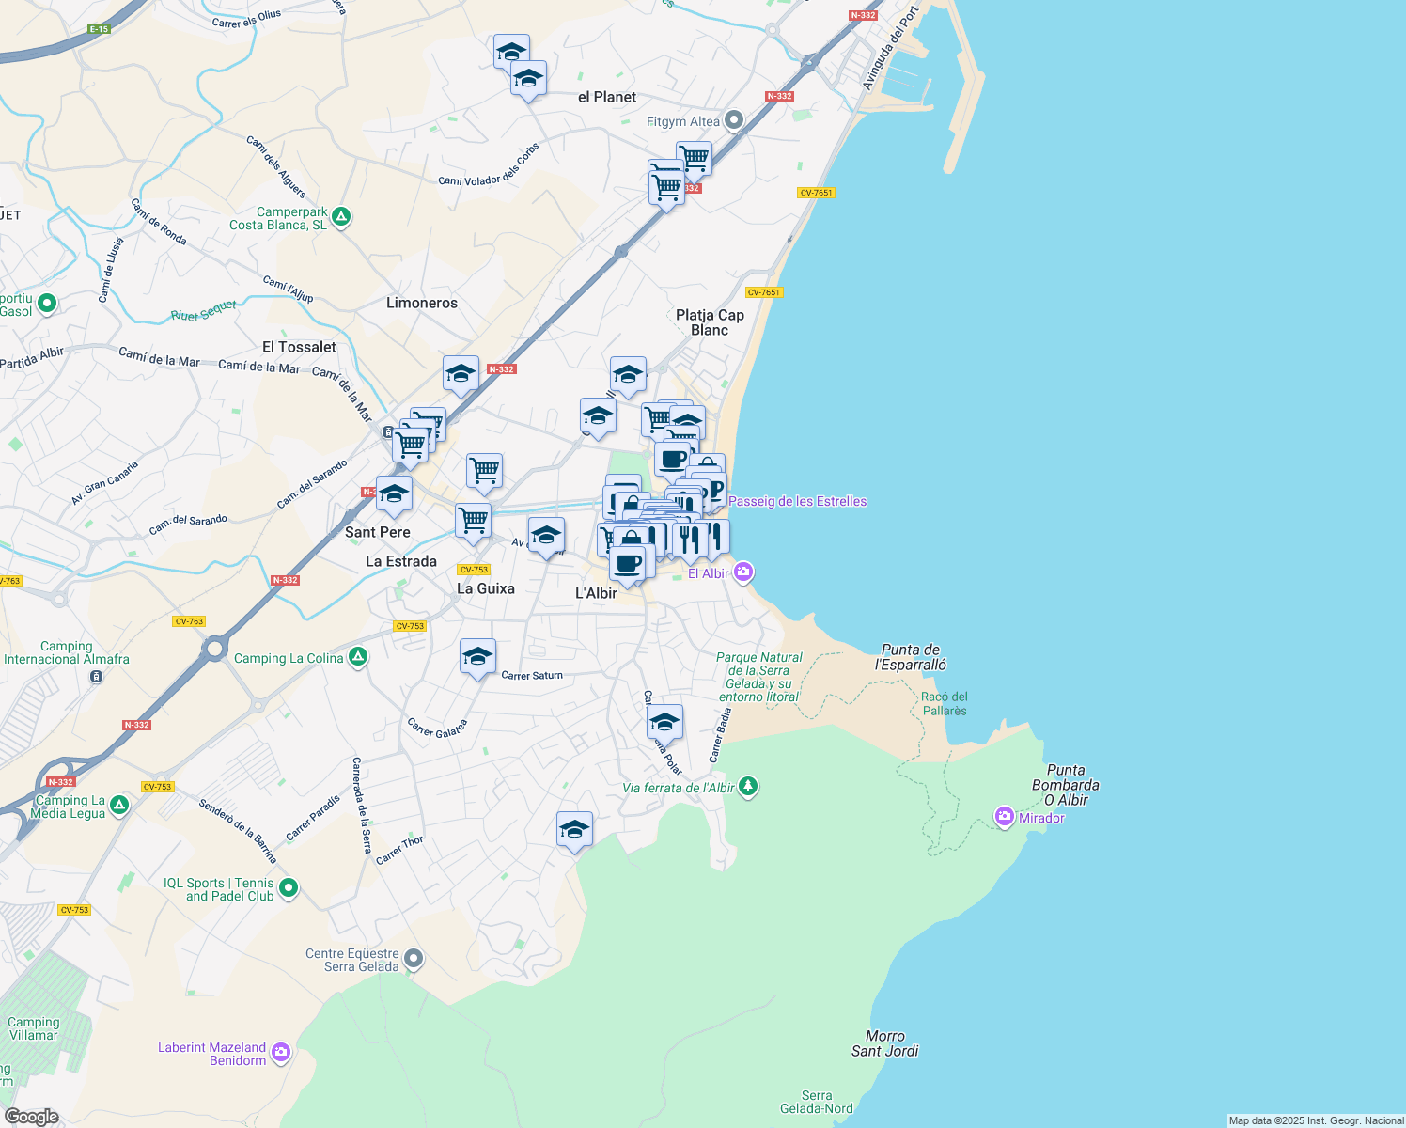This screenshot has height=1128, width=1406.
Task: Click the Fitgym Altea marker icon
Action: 734,120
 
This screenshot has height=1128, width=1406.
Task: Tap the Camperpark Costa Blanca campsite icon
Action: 341,218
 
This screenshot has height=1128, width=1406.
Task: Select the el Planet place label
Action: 607,97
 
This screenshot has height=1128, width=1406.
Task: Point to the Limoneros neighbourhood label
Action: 422,303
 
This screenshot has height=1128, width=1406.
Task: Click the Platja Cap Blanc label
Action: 710,322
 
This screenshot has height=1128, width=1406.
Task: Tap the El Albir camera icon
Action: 743,572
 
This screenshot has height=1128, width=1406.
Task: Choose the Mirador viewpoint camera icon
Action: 1005,817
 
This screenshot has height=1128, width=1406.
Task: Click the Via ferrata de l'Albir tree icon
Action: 748,786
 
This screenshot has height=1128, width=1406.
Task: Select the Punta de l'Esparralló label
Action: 911,657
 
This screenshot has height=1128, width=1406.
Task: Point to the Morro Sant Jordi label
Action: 885,1043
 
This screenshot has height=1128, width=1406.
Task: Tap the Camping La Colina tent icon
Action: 358,657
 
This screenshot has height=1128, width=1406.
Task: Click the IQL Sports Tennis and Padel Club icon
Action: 289,886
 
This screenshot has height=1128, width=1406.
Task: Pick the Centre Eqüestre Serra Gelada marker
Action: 414,959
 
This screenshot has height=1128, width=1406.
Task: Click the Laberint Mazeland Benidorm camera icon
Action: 281,1054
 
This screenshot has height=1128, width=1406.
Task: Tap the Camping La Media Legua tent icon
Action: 119,806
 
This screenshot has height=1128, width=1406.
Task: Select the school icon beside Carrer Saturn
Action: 477,656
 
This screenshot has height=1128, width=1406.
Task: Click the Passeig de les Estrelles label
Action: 797,501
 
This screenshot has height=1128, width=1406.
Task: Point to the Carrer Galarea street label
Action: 437,728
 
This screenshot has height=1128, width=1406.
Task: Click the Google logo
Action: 31,1117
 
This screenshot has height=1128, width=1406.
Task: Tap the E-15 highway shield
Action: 100,29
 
